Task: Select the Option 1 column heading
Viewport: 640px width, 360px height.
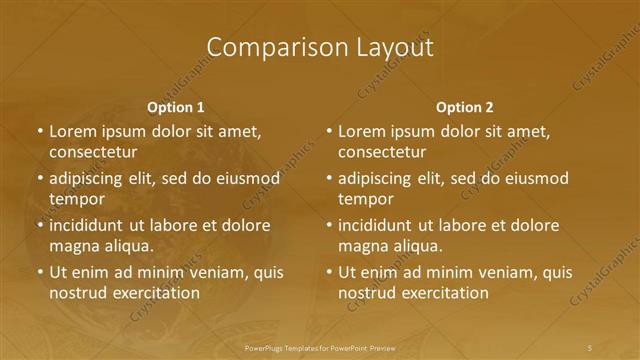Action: [x=176, y=107]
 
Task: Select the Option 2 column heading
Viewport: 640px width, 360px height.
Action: [x=465, y=107]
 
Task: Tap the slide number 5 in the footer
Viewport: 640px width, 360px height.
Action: [x=591, y=347]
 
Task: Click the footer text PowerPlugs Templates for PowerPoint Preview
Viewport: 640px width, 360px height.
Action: [x=320, y=347]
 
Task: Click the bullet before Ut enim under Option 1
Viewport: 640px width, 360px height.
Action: [x=39, y=272]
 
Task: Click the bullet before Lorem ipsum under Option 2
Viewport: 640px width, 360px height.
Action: [x=328, y=131]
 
